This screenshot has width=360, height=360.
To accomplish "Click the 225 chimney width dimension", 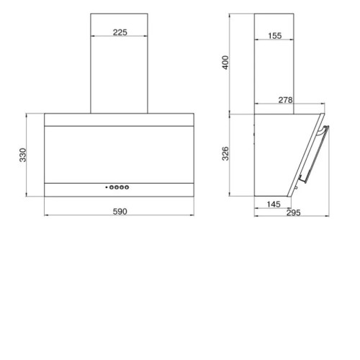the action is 120,32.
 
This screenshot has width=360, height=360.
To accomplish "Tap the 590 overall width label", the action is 120,212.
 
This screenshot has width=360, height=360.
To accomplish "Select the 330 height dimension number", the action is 23,155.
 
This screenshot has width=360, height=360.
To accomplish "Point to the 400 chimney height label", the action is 225,63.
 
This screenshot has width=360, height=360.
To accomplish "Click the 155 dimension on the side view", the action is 275,36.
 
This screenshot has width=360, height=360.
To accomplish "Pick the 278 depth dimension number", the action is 286,100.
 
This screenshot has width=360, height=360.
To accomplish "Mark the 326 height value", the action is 225,153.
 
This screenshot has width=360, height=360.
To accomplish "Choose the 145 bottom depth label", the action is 274,204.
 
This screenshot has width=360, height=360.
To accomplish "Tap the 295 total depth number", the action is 294,212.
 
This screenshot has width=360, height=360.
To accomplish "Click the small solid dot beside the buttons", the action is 107,187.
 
